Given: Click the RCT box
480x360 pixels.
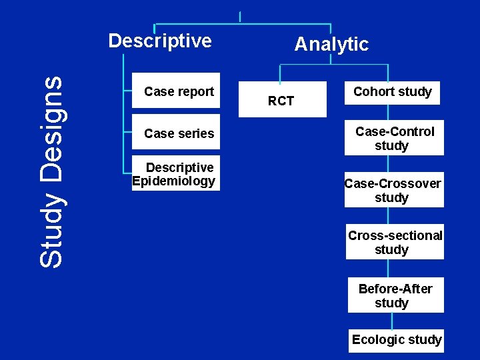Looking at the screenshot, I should [x=281, y=100].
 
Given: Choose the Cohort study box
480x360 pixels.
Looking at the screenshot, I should [x=393, y=92].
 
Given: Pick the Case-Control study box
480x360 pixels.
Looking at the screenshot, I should [x=394, y=139].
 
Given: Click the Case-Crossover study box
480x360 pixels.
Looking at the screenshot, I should [x=394, y=190].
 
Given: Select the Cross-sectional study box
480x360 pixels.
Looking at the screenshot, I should [x=395, y=242].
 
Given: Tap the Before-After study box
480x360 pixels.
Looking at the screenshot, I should [x=395, y=295].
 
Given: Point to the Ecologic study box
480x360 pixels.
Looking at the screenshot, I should [x=396, y=339].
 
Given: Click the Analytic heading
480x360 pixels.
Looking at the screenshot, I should [x=331, y=45].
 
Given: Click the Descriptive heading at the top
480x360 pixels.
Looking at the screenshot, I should [x=160, y=41].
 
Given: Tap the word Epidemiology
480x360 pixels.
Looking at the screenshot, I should [x=174, y=181].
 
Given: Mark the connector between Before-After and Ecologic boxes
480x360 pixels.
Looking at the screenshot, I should [x=392, y=321].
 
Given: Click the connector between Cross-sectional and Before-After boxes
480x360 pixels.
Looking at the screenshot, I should [x=392, y=268].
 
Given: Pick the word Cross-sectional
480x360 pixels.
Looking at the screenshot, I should [x=395, y=235].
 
